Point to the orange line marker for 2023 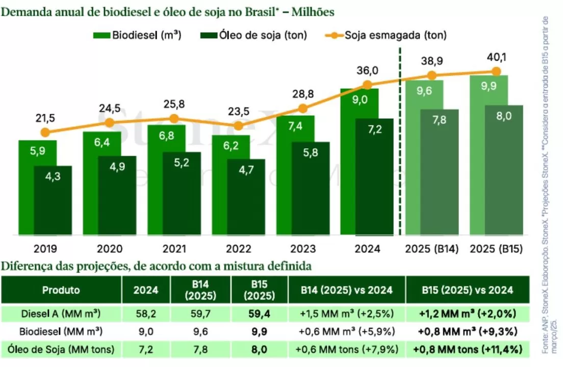pos(303,109)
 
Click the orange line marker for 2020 pos(110,123)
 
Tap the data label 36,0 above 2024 pos(367,70)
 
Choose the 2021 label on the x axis pos(174,249)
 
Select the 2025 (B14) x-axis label pos(432,249)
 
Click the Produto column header pos(61,290)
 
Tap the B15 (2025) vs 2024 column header pos(468,290)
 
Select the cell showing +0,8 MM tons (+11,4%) pos(468,349)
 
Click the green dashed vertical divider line pos(399,153)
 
